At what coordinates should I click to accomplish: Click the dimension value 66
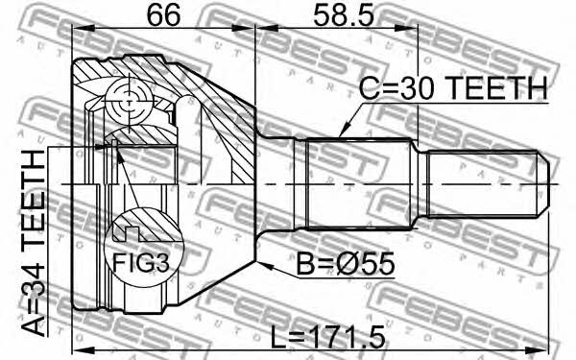click(163, 14)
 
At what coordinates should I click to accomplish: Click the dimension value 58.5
click(344, 14)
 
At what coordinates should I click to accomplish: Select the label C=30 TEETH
click(453, 88)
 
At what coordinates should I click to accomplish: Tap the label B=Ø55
click(346, 264)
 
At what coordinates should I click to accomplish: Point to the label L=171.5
click(327, 338)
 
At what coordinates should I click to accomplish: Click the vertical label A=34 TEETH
click(34, 243)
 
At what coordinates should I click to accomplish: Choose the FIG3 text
click(141, 263)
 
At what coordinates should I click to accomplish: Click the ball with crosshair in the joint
click(130, 102)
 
